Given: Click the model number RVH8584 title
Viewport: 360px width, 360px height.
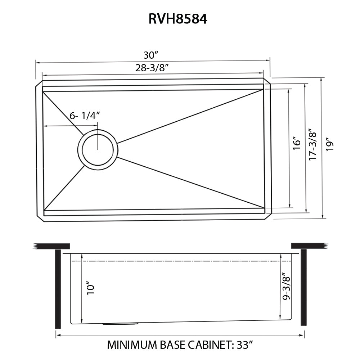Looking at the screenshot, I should (x=178, y=19).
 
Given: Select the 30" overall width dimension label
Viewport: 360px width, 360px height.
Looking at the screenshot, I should (x=151, y=55).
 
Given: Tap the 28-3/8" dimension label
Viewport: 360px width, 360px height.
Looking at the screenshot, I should (x=152, y=68).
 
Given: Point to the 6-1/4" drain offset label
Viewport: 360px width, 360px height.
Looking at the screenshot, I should (x=85, y=116).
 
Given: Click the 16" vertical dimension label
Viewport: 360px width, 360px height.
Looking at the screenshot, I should (x=296, y=143).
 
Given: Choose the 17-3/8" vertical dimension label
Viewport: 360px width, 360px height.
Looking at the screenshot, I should (x=312, y=144).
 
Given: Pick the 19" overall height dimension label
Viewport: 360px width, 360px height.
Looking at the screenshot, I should (x=330, y=144).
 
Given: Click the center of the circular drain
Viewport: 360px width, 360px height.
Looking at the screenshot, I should (x=98, y=149).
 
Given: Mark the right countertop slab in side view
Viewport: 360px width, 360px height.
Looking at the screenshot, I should (x=310, y=246).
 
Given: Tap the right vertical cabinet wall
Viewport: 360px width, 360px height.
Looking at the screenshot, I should (x=303, y=287).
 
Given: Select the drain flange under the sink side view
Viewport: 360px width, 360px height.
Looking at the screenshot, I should (x=120, y=324).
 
